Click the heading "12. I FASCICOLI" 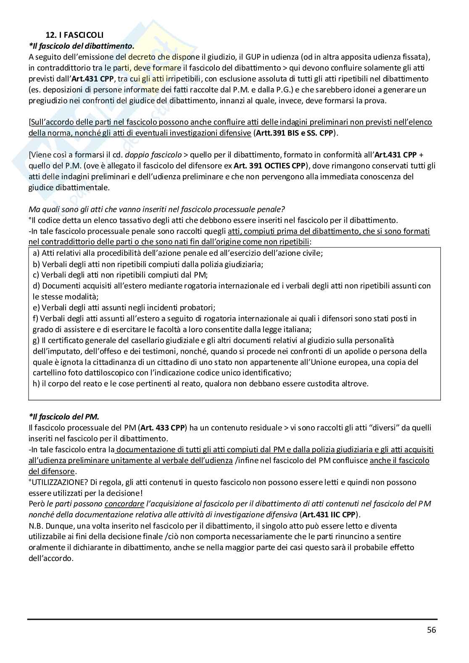point(74,35)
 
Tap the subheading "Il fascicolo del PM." point(64,417)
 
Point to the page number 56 point(431,630)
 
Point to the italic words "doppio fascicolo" point(153,155)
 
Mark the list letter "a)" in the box point(36,253)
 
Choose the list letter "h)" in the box point(36,383)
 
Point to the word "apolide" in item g point(357,351)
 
